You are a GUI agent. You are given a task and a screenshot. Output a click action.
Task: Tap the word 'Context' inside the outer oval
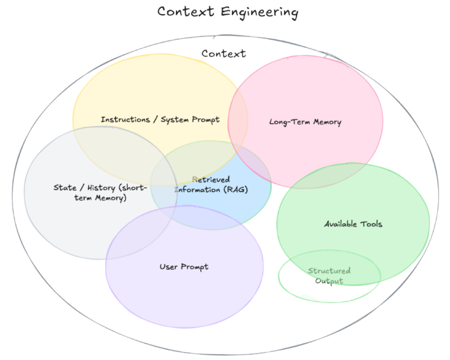click(224, 54)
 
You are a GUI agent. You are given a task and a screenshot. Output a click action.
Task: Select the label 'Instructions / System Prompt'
click(160, 120)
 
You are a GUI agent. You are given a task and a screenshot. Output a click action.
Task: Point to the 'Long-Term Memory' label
click(305, 122)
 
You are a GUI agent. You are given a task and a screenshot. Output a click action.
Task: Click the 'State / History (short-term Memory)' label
click(100, 193)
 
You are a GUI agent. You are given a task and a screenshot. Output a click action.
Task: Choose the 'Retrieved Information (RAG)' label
click(211, 185)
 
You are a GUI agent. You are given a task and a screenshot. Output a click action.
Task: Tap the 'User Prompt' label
click(184, 267)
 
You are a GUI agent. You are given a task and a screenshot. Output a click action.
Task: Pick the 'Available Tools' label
click(353, 224)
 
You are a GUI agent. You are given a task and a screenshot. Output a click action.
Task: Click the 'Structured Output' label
click(329, 276)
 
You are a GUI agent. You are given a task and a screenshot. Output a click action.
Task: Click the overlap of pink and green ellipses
click(315, 178)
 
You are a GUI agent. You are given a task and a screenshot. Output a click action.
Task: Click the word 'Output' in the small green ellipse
click(329, 281)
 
